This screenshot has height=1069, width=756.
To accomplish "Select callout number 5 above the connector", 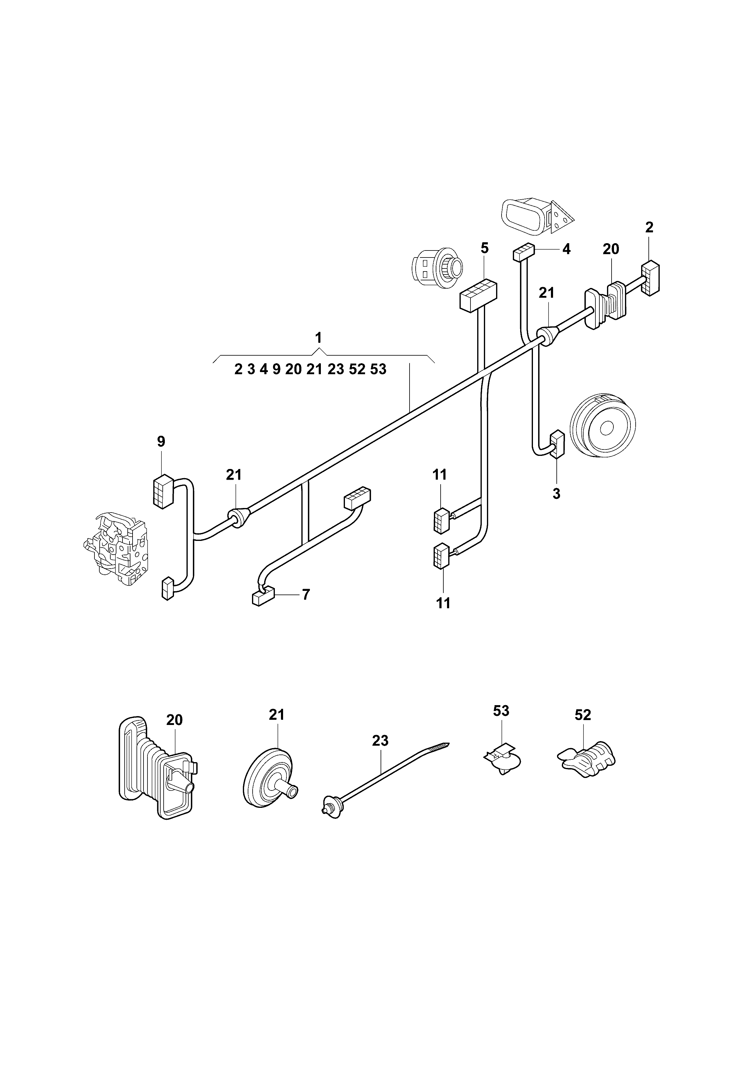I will click(484, 248).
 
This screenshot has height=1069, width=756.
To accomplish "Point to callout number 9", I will click(161, 441).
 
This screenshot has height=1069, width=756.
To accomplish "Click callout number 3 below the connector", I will click(556, 494).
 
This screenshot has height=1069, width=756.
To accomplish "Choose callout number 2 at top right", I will click(649, 227).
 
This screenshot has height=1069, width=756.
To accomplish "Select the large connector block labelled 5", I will click(478, 295).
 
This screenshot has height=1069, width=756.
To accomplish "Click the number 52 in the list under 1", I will click(357, 369).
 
